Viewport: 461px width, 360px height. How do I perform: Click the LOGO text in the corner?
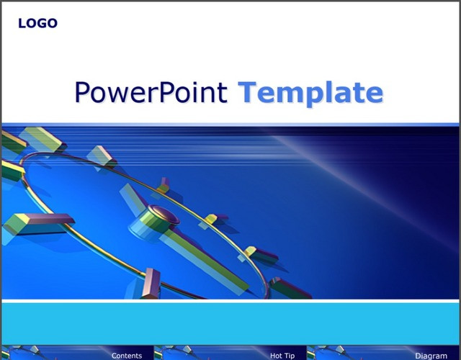point(37,23)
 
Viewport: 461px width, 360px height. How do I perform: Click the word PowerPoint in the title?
point(151,93)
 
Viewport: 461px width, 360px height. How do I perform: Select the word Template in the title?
point(310,93)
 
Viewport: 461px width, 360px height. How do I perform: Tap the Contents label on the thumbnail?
point(127,356)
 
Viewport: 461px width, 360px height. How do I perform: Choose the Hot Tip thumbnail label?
point(282,356)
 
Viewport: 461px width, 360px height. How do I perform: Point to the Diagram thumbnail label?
point(431,356)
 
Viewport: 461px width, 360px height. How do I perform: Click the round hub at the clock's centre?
point(163,215)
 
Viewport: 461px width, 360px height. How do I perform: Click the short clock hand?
point(133,199)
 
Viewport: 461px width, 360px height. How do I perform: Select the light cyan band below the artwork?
point(230,323)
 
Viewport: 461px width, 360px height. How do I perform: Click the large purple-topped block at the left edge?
point(38,223)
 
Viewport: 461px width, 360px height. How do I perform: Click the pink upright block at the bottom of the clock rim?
point(151,283)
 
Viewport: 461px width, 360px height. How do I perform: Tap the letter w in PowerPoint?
point(120,95)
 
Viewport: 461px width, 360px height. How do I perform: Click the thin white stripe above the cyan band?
point(230,301)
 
